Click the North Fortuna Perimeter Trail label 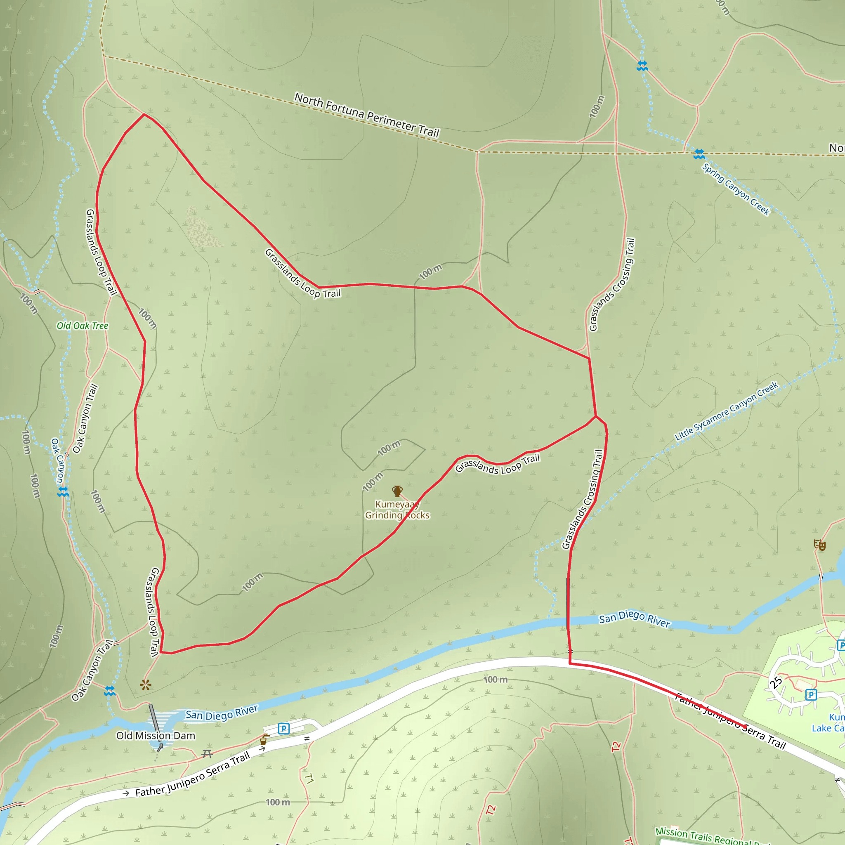366,115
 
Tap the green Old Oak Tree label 82,326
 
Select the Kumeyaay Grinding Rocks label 397,510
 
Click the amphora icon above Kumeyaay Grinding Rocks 397,491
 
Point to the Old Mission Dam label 156,736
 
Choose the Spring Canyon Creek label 736,189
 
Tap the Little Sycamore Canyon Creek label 726,411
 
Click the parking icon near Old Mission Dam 284,729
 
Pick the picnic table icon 207,753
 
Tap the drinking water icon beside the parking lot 264,740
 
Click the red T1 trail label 309,779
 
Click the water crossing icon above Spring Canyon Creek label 699,154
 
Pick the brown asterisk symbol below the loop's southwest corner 146,685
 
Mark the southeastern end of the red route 745,727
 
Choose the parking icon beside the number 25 811,694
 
